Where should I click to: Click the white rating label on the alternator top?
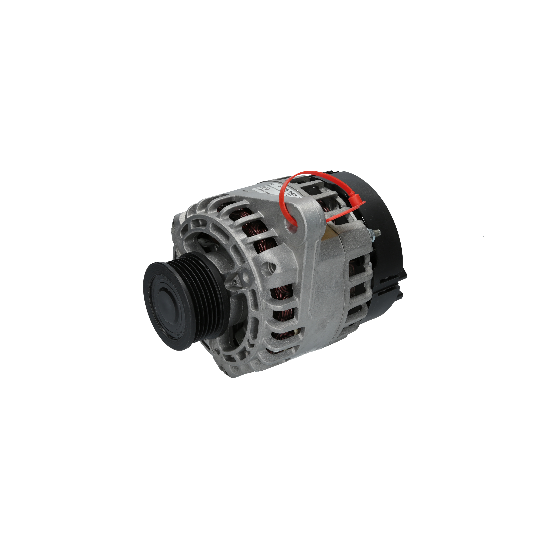point(278,191)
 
